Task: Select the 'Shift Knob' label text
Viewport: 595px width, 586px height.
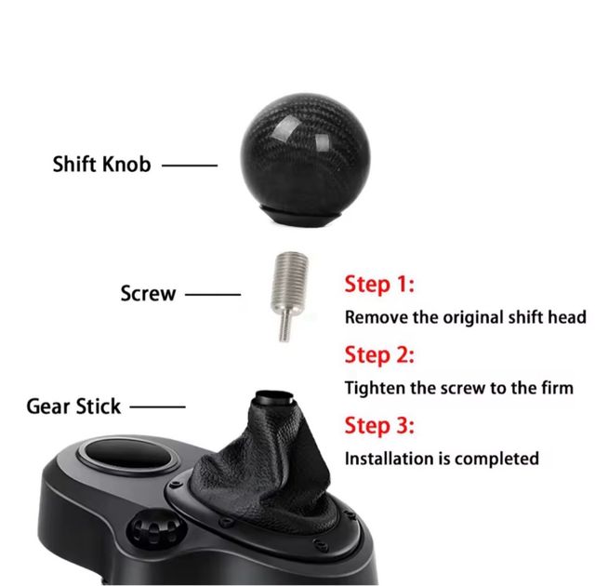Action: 101,165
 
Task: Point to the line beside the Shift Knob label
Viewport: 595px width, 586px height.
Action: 190,166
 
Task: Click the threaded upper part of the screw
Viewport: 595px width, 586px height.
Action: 290,281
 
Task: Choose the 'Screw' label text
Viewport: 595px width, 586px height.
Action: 149,294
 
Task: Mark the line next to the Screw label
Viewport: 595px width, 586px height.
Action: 213,294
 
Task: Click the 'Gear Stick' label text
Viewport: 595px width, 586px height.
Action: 73,406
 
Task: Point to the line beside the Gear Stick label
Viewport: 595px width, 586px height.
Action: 157,406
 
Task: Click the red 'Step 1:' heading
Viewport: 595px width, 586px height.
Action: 379,285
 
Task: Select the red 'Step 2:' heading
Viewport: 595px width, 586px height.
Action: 379,355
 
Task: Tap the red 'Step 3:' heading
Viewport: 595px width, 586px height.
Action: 379,425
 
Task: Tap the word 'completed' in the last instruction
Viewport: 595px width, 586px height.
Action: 496,459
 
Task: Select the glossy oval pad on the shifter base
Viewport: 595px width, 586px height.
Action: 127,456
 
